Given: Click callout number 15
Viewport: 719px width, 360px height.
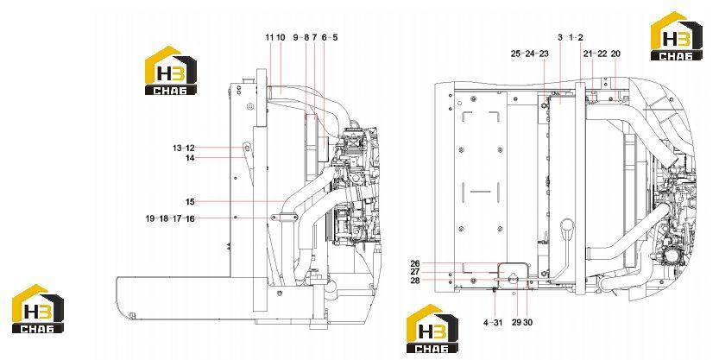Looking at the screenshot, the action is [x=190, y=202].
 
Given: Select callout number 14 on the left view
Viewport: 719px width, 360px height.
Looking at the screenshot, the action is [x=190, y=158].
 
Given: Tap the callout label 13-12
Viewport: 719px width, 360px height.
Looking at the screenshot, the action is [x=184, y=148].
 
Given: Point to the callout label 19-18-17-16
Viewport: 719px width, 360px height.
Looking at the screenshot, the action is [x=170, y=218].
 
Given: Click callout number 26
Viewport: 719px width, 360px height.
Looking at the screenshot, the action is [x=415, y=263].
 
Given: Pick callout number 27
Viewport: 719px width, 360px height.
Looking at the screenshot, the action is [x=415, y=272].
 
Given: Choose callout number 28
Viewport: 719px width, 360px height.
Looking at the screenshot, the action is [x=415, y=281].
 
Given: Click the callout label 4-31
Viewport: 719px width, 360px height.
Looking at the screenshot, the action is [x=493, y=322].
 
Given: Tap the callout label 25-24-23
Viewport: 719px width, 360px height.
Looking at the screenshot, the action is [x=530, y=54].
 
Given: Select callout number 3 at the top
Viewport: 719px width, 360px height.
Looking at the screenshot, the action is [x=560, y=38].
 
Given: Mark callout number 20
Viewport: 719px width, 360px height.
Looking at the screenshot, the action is [x=615, y=54].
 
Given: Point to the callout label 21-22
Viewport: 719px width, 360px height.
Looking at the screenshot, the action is [x=595, y=54].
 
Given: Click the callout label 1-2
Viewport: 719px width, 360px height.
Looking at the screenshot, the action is [x=576, y=38].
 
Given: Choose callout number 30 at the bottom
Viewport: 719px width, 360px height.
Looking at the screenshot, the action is [x=527, y=322].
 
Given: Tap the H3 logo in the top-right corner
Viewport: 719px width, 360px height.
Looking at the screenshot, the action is [x=677, y=35].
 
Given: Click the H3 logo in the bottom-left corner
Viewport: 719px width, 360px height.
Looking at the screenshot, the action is [x=38, y=309].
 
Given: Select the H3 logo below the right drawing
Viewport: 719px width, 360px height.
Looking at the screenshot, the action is [x=432, y=328].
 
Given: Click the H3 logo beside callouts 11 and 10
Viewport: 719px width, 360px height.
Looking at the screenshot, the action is [x=171, y=70].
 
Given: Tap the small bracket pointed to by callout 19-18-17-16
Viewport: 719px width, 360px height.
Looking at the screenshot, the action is [x=284, y=218].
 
